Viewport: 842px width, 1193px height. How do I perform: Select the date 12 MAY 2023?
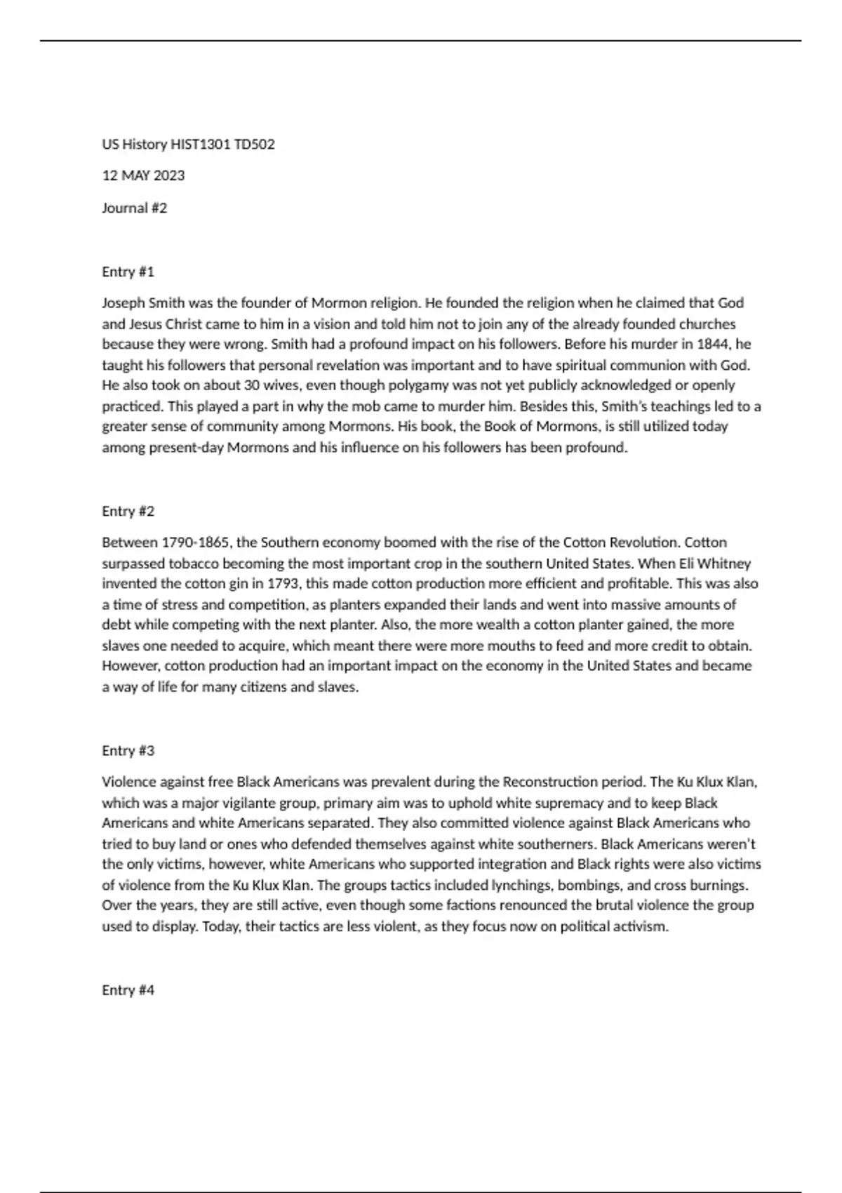click(x=143, y=175)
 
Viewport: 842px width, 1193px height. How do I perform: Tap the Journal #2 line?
click(x=135, y=208)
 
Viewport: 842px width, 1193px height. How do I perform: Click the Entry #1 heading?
click(x=128, y=272)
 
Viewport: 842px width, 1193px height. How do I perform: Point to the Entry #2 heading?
click(x=128, y=511)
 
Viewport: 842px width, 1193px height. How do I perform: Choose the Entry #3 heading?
click(x=128, y=750)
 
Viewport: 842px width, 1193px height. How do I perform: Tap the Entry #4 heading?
click(x=128, y=989)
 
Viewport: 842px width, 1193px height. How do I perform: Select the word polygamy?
click(x=422, y=385)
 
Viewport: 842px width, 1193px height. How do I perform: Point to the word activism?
click(x=639, y=926)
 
